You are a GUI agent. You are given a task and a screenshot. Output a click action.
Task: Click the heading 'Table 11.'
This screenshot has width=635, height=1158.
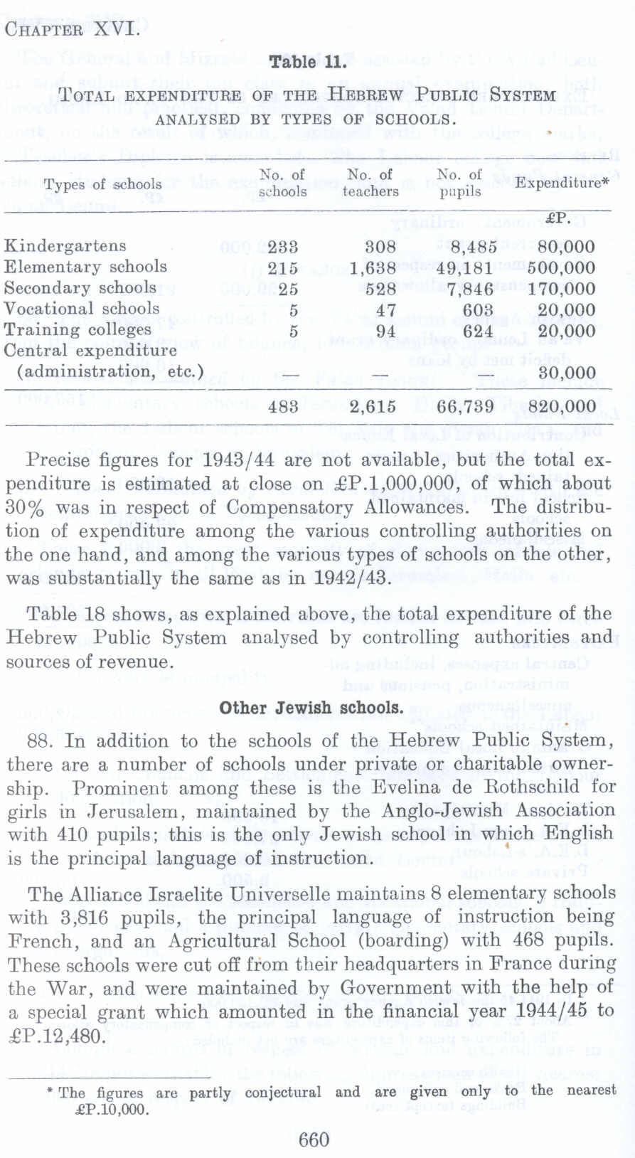308,62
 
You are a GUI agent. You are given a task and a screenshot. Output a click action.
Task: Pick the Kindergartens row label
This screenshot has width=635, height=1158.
65,246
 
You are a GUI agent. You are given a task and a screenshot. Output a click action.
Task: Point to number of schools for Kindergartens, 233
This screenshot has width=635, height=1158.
282,248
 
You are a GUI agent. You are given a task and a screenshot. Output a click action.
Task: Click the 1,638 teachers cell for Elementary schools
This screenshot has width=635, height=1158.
373,268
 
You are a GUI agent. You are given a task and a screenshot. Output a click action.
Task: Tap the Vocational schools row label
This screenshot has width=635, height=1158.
82,309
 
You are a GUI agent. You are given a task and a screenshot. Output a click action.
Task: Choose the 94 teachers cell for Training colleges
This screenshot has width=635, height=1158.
385,331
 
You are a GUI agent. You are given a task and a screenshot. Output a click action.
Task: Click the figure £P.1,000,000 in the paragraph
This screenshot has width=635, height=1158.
442,484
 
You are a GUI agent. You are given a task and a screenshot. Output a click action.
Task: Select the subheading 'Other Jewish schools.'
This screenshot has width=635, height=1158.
311,708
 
